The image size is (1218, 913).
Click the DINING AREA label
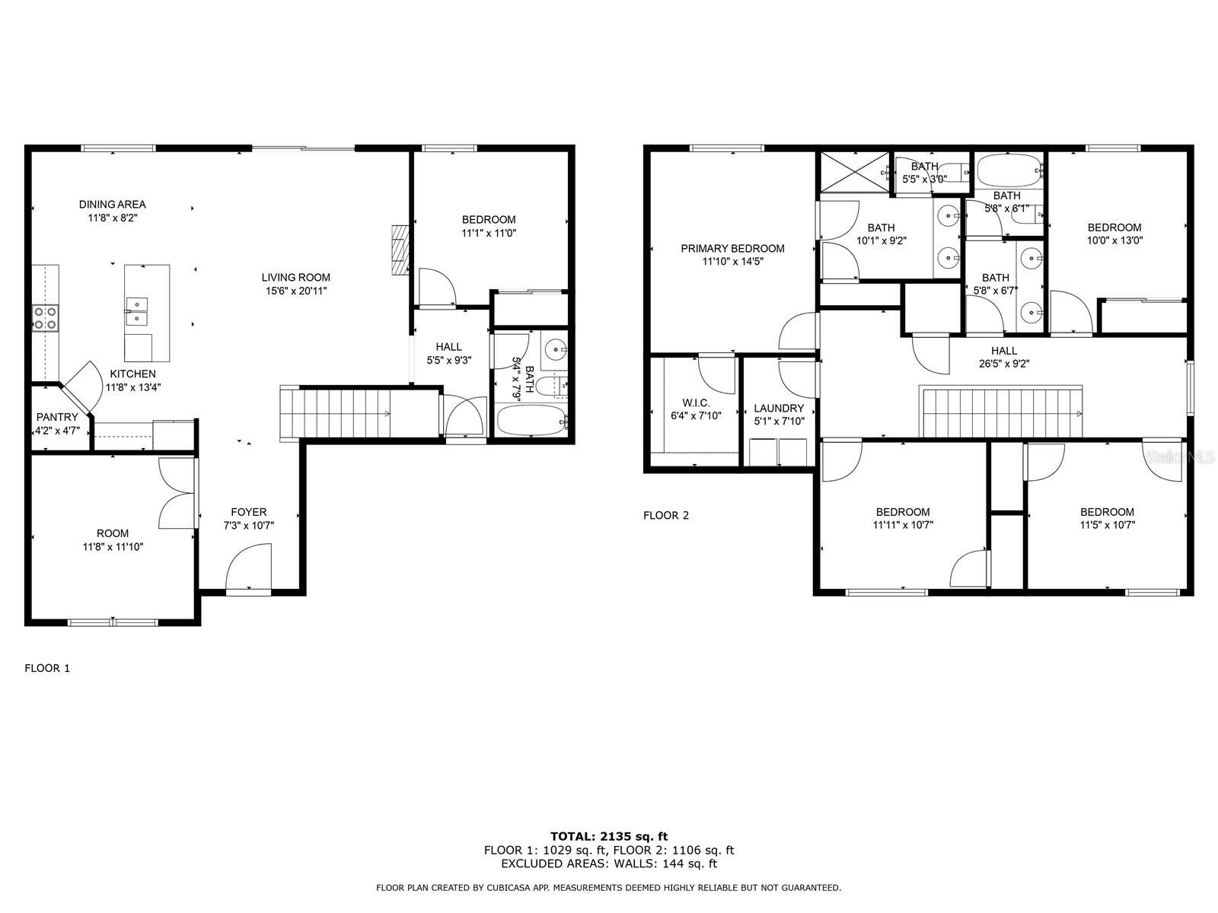[x=112, y=205]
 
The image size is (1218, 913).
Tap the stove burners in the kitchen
[x=46, y=318]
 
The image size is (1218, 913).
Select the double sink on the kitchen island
[x=136, y=311]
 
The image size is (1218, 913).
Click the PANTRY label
[x=57, y=417]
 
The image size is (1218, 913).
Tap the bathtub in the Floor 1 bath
[x=531, y=420]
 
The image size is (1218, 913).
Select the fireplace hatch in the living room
[x=400, y=250]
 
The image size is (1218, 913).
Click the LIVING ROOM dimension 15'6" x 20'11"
[x=296, y=291]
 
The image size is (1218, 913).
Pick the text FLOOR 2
[x=666, y=516]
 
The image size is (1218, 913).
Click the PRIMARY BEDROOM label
[x=732, y=249]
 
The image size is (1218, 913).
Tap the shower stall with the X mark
[x=855, y=173]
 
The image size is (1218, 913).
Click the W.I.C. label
[x=696, y=403]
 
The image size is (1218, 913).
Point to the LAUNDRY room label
[x=779, y=409]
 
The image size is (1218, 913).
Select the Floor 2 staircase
[x=1001, y=412]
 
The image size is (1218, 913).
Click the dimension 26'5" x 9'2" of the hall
[x=1004, y=364]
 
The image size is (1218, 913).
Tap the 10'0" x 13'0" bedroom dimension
[x=1114, y=240]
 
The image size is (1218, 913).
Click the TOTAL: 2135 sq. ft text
[x=609, y=836]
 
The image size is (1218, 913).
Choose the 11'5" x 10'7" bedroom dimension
[x=1107, y=525]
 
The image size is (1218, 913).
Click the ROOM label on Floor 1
[x=113, y=533]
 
